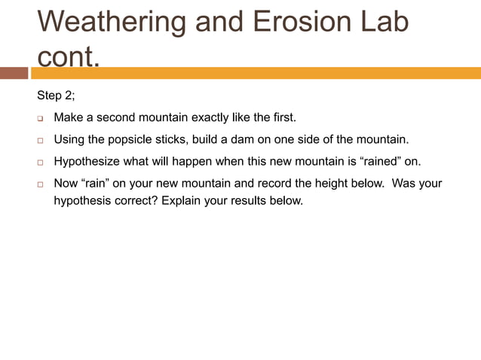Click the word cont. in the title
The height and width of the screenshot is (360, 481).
point(68,57)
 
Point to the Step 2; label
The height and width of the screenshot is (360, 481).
point(56,96)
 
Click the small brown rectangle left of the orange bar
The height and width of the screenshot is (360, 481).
point(14,73)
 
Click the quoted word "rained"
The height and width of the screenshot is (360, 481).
point(381,162)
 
